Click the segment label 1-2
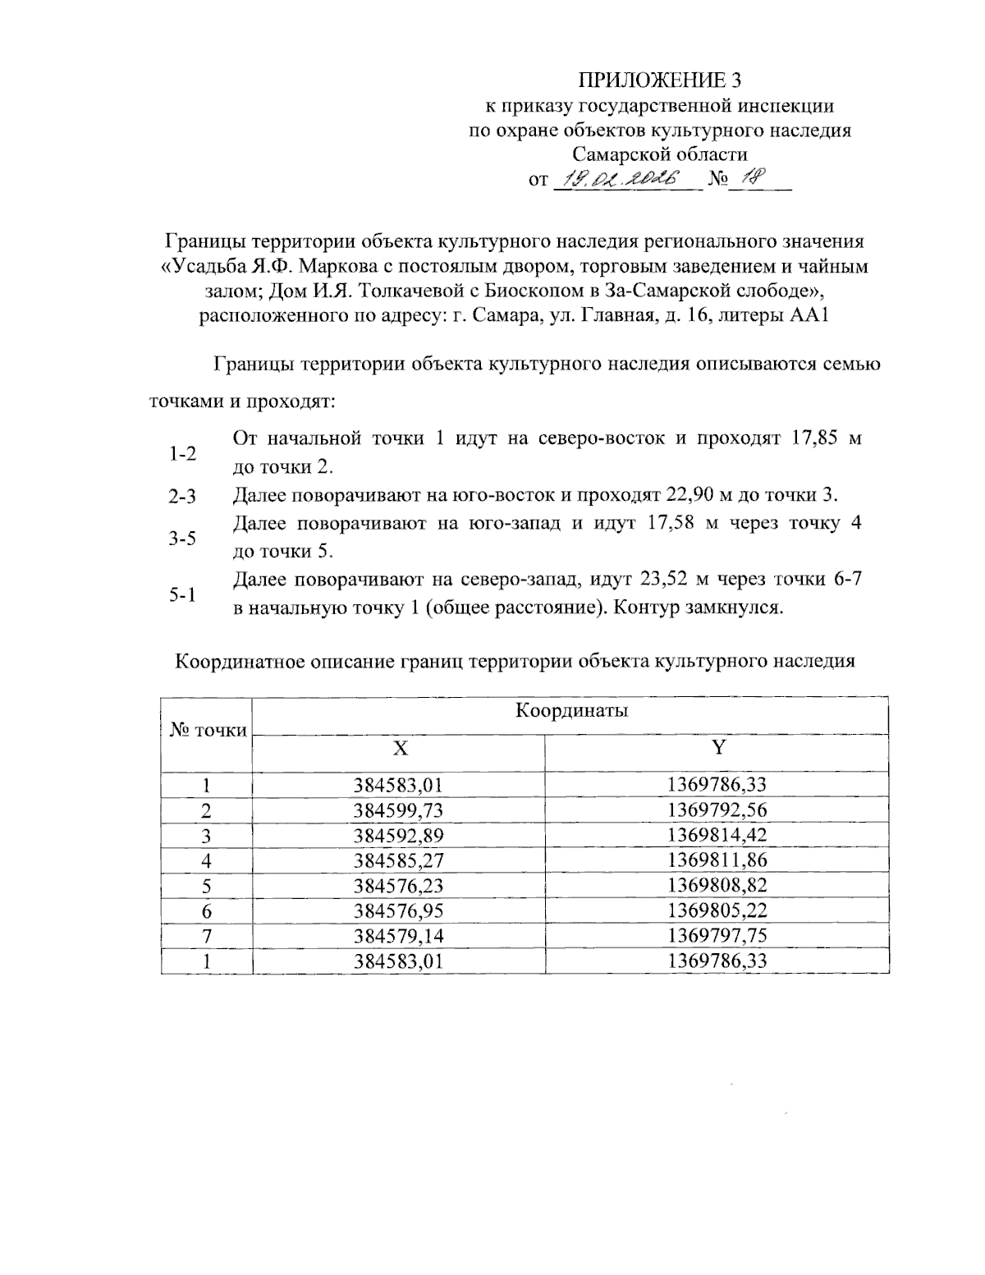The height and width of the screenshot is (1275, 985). (182, 453)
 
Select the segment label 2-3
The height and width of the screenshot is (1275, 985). (182, 497)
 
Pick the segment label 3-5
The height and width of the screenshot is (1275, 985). (182, 539)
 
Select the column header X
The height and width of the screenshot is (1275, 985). (399, 748)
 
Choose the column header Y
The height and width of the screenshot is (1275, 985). (717, 748)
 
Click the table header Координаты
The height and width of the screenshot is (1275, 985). (571, 711)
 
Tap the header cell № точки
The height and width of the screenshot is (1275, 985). (208, 730)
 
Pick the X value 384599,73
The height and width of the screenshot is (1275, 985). (398, 811)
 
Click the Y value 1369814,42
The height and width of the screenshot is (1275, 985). (717, 836)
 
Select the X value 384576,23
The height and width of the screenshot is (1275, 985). (398, 886)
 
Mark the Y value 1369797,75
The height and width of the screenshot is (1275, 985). (717, 936)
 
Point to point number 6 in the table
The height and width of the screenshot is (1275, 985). (207, 911)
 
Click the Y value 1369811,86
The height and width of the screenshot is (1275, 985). (717, 861)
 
